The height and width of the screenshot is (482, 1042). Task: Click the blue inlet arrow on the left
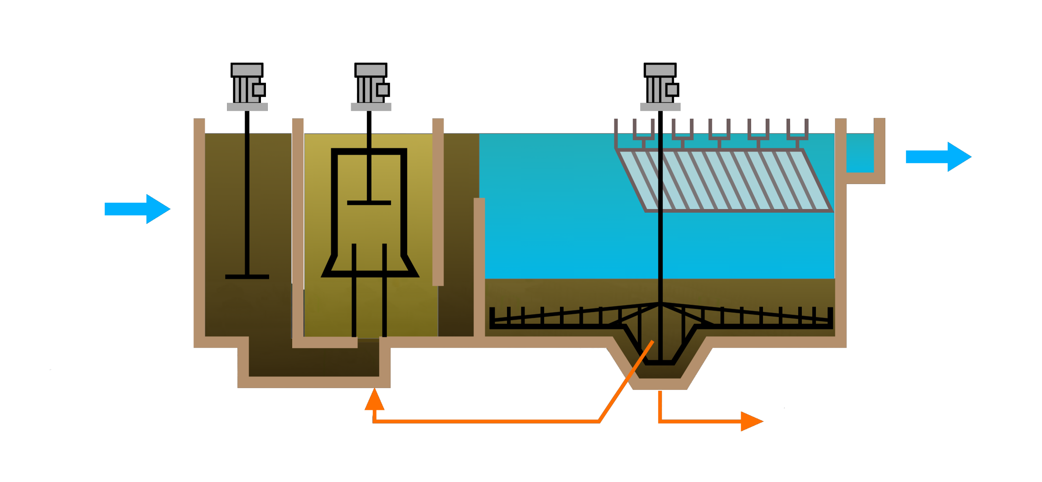136,209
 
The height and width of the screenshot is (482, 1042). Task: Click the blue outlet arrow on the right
938,157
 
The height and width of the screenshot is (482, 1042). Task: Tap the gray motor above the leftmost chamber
247,88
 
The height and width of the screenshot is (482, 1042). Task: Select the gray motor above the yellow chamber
371,88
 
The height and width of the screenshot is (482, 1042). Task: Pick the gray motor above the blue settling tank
660,88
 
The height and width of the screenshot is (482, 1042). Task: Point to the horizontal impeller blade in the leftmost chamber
247,277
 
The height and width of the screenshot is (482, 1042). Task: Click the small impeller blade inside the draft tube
369,203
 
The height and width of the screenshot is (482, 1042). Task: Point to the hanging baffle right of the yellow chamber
438,202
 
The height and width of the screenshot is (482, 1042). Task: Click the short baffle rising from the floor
479,268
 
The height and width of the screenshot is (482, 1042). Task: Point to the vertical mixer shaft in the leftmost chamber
247,195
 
